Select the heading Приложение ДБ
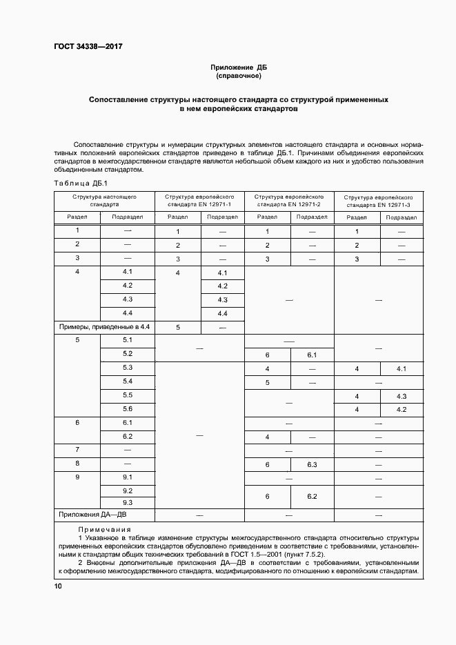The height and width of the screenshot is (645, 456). click(x=238, y=68)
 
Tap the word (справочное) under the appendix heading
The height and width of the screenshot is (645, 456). click(x=238, y=76)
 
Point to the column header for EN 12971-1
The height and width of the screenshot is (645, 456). click(x=199, y=201)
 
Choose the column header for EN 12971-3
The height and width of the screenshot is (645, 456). click(x=379, y=201)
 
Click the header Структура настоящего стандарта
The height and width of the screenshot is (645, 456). click(x=104, y=201)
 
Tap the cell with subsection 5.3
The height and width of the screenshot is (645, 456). click(x=128, y=368)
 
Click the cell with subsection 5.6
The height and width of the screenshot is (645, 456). click(x=128, y=408)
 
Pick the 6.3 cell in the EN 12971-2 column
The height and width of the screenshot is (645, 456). click(x=311, y=465)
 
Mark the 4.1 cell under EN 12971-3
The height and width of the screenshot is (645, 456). click(x=402, y=369)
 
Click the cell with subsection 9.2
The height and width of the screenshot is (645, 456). click(x=128, y=491)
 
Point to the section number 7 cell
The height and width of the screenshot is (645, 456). click(x=77, y=450)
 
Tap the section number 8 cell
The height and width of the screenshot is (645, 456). click(x=77, y=464)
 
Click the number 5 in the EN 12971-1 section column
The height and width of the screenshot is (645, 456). click(x=178, y=328)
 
